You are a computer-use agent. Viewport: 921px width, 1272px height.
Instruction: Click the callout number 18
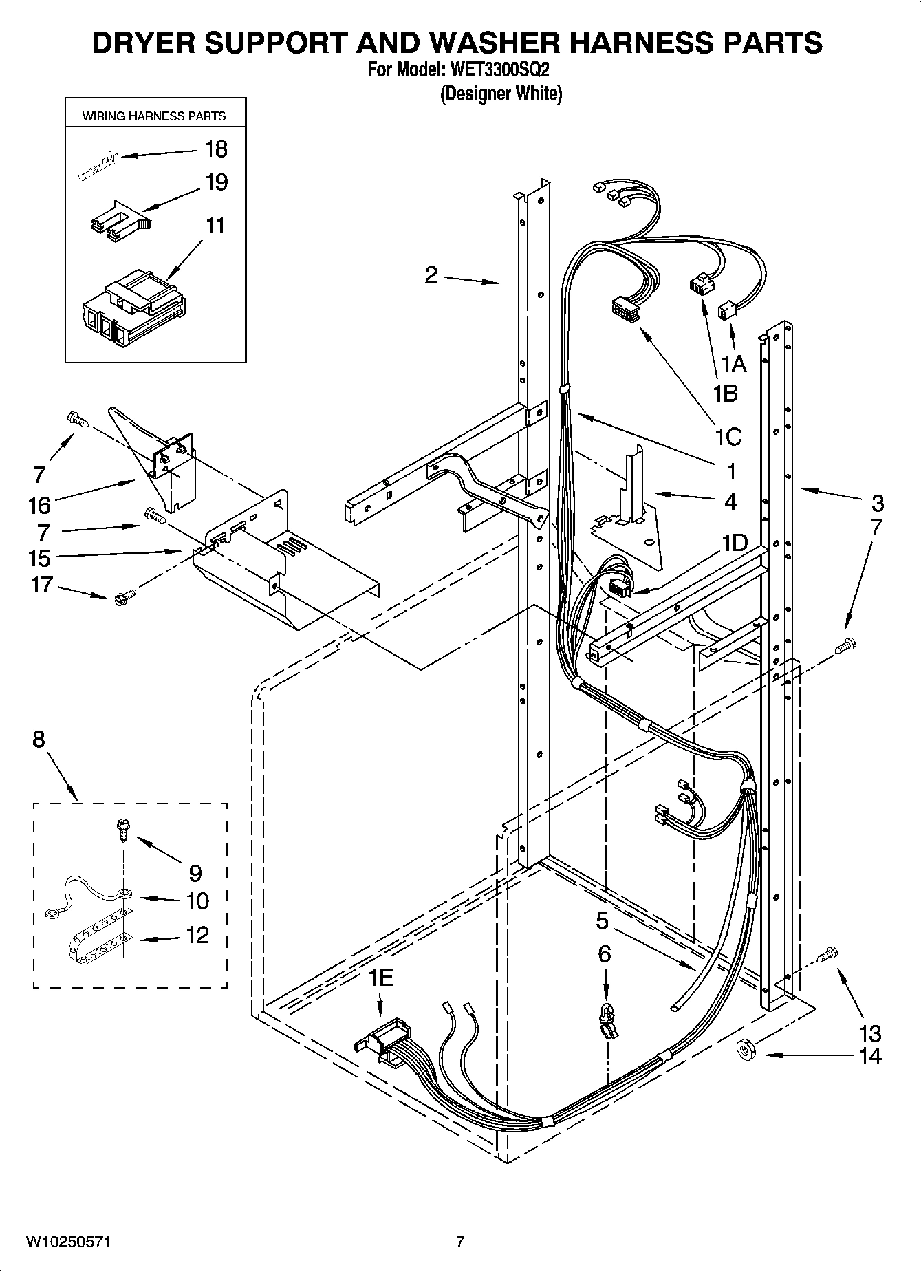(x=216, y=149)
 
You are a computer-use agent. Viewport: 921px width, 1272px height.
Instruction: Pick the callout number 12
(x=197, y=935)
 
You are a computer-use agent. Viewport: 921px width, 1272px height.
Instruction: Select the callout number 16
(x=39, y=506)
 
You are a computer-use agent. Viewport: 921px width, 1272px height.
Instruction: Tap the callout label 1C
(x=728, y=436)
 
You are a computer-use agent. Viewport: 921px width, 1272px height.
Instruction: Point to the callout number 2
(x=431, y=275)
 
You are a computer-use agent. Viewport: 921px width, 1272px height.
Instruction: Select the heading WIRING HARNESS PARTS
(x=154, y=116)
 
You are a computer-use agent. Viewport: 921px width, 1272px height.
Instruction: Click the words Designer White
(x=501, y=94)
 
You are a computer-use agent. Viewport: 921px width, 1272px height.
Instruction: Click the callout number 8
(x=39, y=740)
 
